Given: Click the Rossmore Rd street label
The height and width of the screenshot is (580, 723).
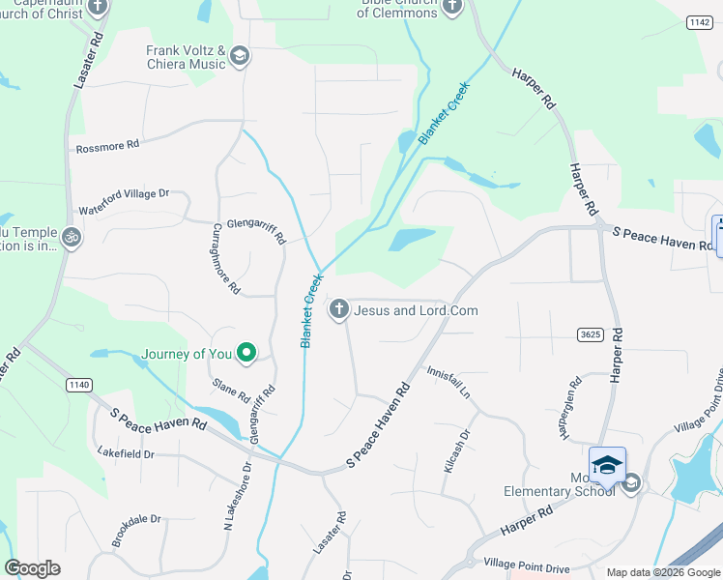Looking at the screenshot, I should (x=107, y=145).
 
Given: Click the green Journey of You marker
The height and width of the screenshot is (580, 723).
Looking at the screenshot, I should (x=246, y=354).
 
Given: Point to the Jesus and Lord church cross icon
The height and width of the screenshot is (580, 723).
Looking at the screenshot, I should (x=338, y=309).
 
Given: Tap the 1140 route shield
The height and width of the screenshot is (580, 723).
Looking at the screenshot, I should (x=79, y=385).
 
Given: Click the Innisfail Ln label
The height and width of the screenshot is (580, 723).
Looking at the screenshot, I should (x=448, y=382).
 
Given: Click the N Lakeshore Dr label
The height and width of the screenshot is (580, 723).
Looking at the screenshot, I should (x=237, y=495).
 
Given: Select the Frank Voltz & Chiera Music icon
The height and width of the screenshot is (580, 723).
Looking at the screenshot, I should (x=239, y=57).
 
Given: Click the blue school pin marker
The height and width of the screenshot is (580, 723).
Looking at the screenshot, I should (x=607, y=465).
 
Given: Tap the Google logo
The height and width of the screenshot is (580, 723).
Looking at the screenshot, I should (x=33, y=568).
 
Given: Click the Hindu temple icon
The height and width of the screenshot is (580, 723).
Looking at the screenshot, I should (x=71, y=236).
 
